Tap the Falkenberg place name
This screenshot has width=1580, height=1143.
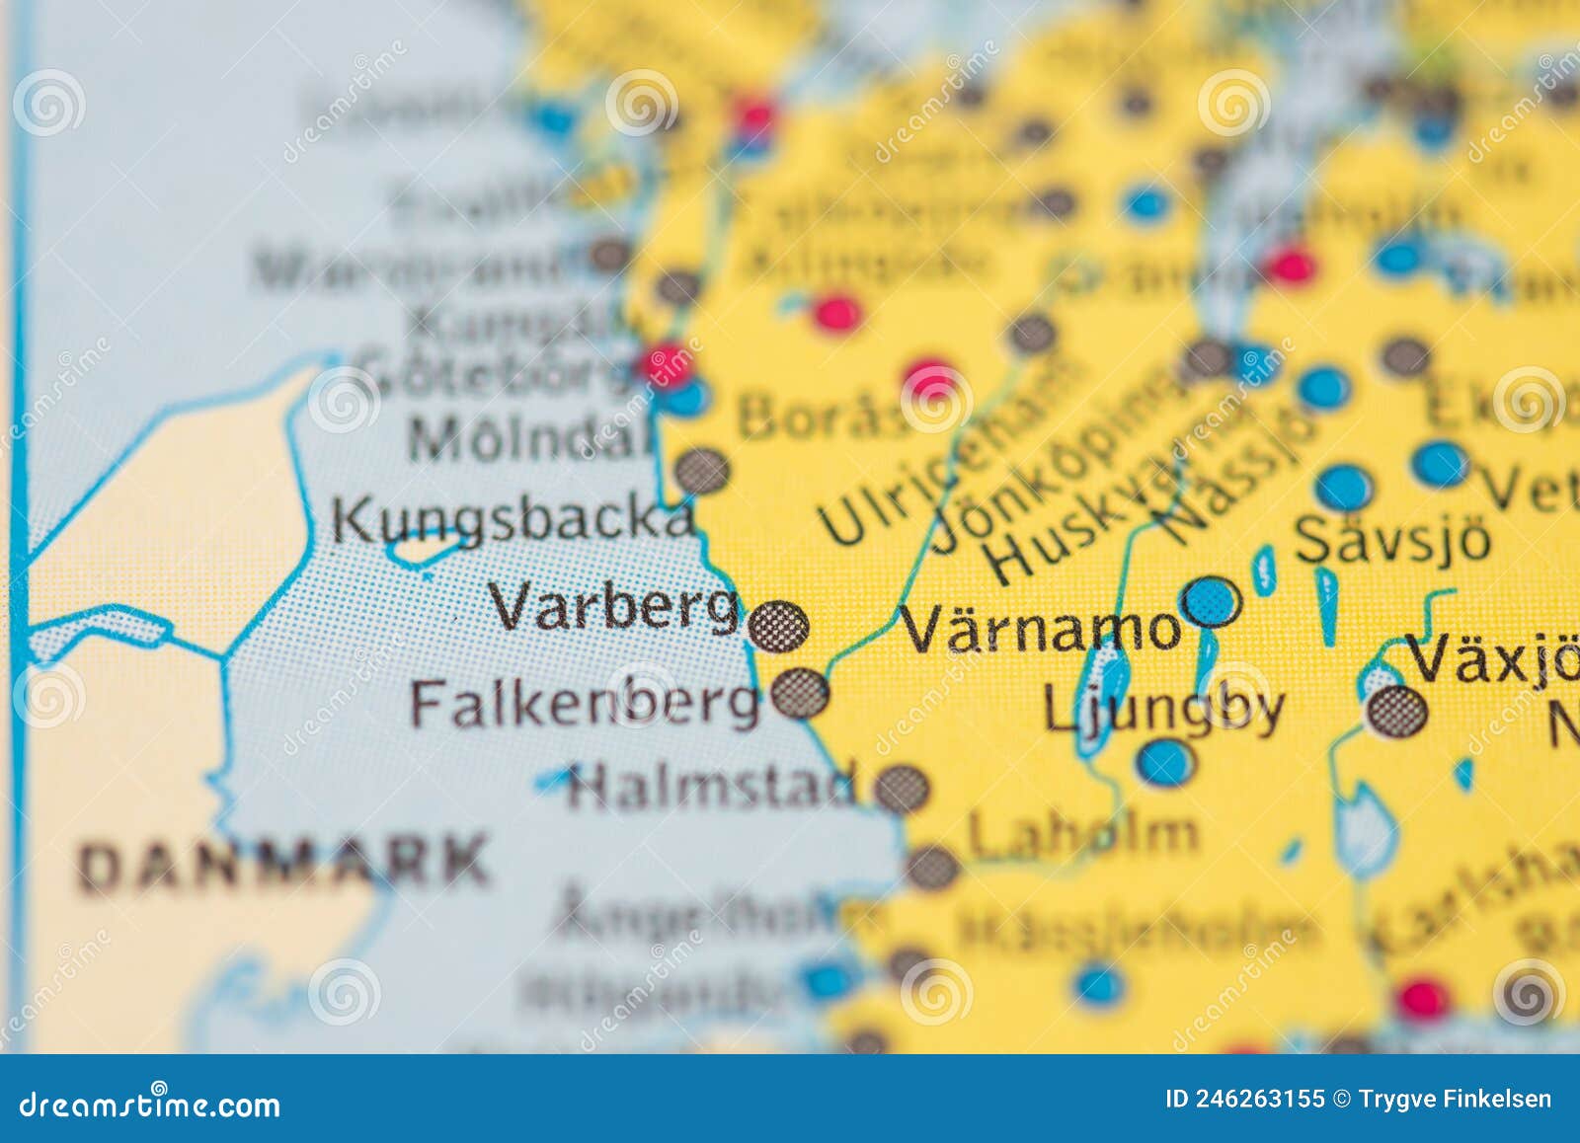(x=585, y=703)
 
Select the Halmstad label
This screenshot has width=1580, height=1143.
(x=709, y=787)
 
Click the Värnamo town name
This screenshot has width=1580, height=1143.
(x=1041, y=628)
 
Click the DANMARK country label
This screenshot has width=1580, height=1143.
(x=284, y=862)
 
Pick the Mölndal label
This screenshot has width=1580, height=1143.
(x=531, y=438)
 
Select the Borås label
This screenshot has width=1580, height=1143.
(x=822, y=416)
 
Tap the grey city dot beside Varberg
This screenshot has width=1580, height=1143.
(x=778, y=626)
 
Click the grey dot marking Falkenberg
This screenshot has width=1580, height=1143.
(x=800, y=693)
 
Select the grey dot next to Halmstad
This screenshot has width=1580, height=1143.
(x=902, y=788)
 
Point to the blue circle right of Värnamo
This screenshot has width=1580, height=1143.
(x=1211, y=599)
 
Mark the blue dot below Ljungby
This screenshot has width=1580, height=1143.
(x=1165, y=762)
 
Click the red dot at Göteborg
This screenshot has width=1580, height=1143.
(x=665, y=362)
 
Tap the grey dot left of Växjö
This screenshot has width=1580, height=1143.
(x=1397, y=711)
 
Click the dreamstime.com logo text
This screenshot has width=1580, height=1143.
(x=149, y=1105)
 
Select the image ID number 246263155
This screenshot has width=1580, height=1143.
(x=1244, y=1100)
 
